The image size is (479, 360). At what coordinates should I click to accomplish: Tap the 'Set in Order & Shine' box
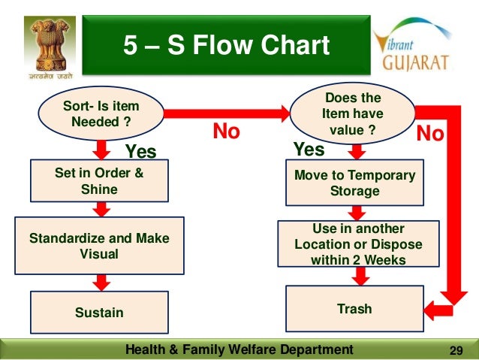coord(99,181)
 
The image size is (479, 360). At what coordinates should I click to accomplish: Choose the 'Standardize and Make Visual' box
coord(99,246)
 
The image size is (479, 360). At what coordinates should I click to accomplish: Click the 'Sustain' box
coord(99,312)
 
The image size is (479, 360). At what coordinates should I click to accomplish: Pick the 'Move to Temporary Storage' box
coord(354,183)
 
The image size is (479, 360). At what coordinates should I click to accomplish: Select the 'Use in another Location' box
coord(358,244)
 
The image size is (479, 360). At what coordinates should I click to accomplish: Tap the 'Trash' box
coord(354,309)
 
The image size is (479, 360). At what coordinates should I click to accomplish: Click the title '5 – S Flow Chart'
coord(226,46)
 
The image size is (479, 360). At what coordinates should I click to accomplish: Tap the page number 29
coord(454,349)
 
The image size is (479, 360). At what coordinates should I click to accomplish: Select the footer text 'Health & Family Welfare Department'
coord(238,349)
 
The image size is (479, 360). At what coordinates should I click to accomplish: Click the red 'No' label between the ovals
coord(226,132)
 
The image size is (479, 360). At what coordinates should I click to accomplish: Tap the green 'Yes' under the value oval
coord(309,150)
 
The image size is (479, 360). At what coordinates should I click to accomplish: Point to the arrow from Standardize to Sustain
coord(101,281)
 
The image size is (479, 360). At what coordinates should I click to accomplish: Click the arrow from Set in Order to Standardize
coord(101,211)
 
